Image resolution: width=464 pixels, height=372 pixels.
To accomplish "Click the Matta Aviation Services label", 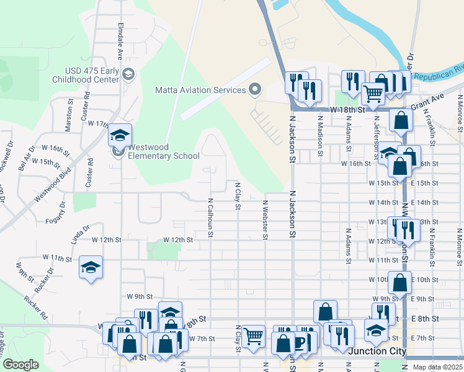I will pyautogui.click(x=200, y=90).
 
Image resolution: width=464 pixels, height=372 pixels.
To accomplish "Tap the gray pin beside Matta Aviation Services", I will pyautogui.click(x=254, y=90).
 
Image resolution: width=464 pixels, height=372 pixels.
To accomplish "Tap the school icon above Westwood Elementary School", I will pyautogui.click(x=120, y=135).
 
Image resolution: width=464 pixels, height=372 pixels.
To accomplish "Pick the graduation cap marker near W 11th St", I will pyautogui.click(x=91, y=267).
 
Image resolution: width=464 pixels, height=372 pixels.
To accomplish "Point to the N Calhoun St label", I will pyautogui.click(x=211, y=218).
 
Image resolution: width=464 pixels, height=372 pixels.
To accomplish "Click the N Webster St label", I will pyautogui.click(x=265, y=219).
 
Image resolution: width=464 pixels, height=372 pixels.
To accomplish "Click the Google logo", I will pyautogui.click(x=20, y=365).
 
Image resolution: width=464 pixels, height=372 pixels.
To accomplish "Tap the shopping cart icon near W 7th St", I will pyautogui.click(x=253, y=337).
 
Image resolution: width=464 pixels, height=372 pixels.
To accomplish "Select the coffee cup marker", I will pyautogui.click(x=301, y=342).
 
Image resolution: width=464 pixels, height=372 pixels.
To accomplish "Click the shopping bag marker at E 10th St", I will pyautogui.click(x=400, y=282).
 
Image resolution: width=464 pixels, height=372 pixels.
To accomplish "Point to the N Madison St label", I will pyautogui.click(x=320, y=131).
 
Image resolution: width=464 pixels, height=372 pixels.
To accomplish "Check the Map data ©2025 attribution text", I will pyautogui.click(x=436, y=367).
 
